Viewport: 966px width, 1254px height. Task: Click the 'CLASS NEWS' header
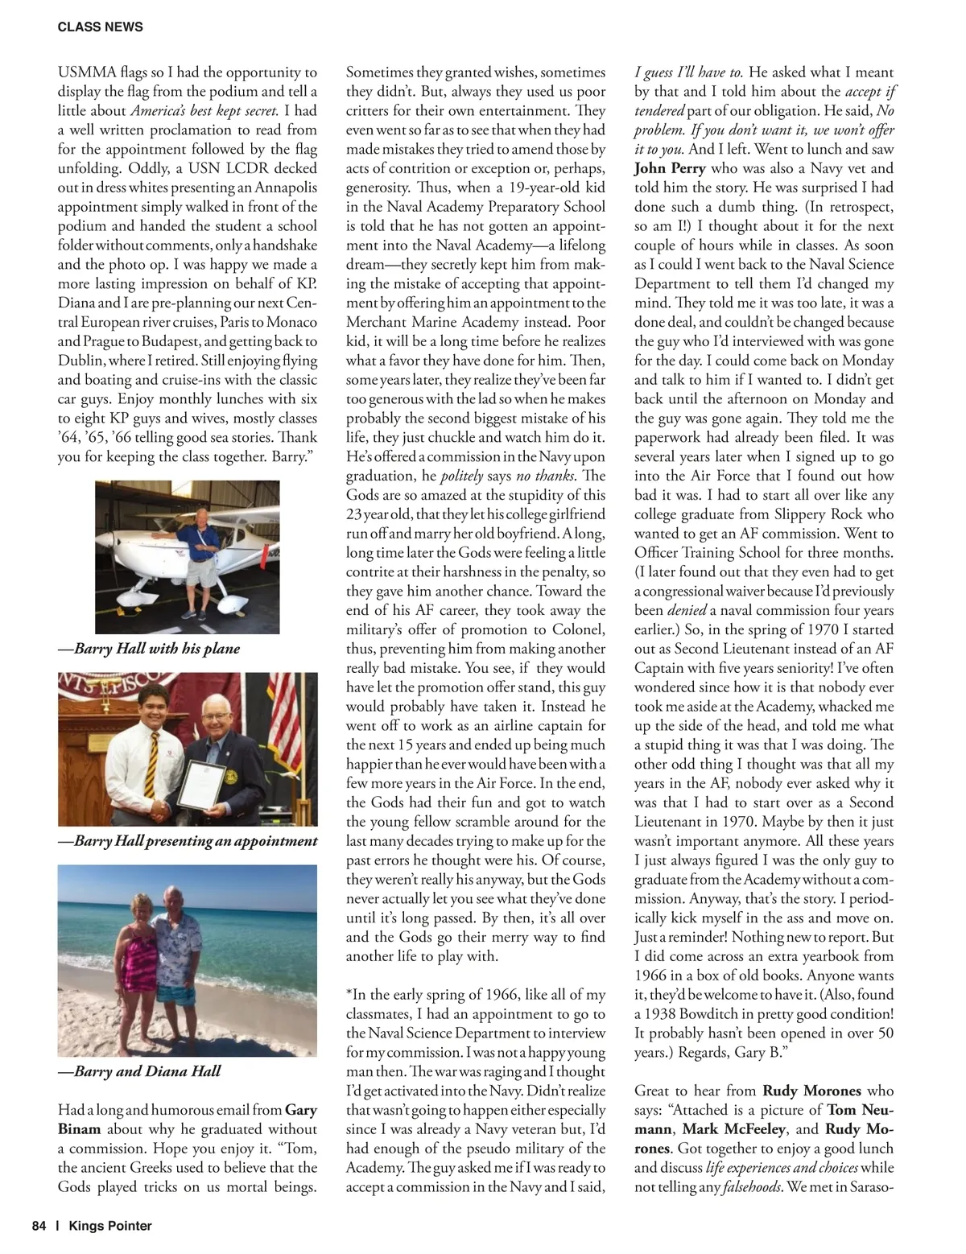(x=100, y=27)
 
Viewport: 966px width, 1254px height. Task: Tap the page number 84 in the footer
(x=39, y=1226)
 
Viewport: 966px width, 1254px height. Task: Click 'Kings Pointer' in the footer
(x=110, y=1226)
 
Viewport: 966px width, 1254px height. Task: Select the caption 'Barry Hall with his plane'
(x=149, y=649)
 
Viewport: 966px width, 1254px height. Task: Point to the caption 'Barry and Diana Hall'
(x=139, y=1071)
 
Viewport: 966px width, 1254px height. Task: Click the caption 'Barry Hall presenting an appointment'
(x=188, y=841)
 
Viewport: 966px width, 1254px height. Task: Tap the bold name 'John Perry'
(x=670, y=168)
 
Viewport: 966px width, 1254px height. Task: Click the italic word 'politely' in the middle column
(x=462, y=476)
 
